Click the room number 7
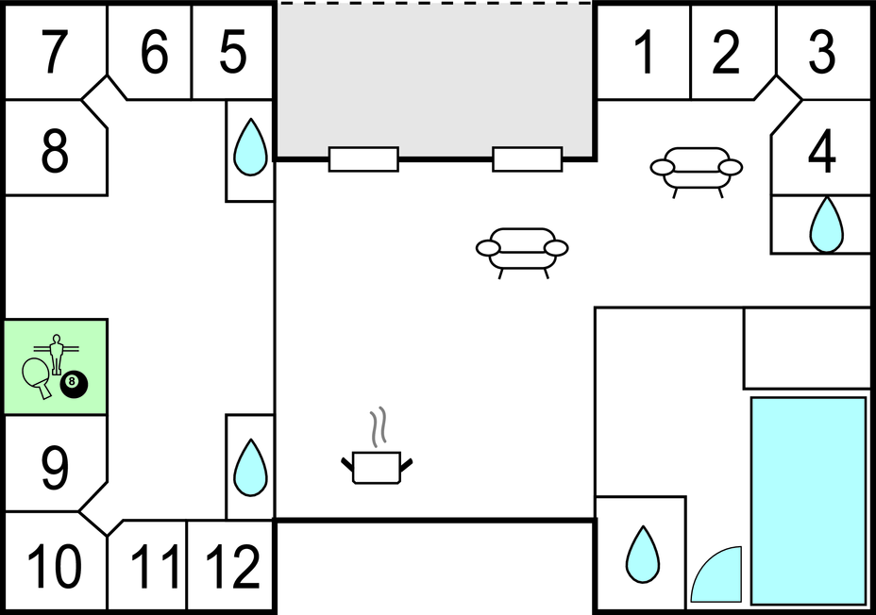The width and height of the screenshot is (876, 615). (x=55, y=52)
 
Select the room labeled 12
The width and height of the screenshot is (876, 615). (x=233, y=567)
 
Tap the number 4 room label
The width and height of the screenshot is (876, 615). (x=822, y=151)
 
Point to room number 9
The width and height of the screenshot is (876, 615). (x=55, y=468)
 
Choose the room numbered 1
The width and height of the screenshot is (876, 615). (x=645, y=52)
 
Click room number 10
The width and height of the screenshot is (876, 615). (x=54, y=567)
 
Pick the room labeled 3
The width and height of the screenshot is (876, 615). (x=822, y=52)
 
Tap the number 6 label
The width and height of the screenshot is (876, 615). (x=154, y=52)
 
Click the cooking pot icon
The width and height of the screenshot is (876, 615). (x=377, y=446)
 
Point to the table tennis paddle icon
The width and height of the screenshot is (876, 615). (x=37, y=376)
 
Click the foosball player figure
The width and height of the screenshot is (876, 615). (x=56, y=354)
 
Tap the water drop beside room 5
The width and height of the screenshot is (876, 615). (x=250, y=147)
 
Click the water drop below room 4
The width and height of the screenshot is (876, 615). (x=827, y=224)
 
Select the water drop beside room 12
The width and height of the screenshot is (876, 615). (x=250, y=468)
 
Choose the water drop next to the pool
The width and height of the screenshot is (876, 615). (x=643, y=555)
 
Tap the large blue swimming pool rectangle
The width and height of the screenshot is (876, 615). (x=808, y=501)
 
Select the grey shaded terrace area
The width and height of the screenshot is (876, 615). (x=434, y=80)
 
